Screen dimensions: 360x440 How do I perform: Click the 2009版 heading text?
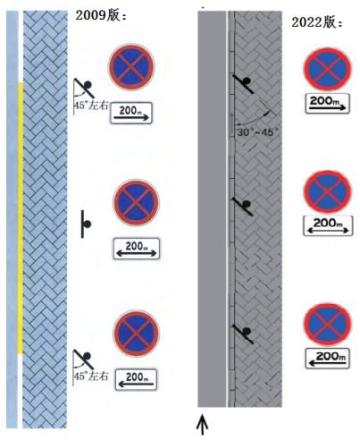[101, 15]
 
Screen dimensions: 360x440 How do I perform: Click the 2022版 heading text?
[317, 22]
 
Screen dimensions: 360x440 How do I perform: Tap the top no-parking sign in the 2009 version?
[131, 66]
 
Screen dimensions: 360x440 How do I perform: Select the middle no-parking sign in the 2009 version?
[136, 203]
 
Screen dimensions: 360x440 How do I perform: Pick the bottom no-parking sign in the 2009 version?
[136, 334]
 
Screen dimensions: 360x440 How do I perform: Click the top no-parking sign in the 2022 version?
[328, 69]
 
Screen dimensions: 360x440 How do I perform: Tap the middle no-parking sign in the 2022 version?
[328, 191]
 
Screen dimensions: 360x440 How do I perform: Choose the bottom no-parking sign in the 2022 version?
[328, 325]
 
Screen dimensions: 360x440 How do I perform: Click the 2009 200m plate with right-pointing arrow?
[131, 113]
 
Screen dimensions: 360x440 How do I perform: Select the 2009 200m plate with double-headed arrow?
[137, 249]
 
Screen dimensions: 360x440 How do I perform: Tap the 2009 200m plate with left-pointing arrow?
[136, 379]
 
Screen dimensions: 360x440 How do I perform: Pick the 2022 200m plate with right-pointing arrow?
[328, 103]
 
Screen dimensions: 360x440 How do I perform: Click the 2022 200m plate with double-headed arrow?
[328, 225]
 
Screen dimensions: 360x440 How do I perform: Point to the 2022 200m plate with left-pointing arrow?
[327, 359]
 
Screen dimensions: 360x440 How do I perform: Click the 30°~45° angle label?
[258, 132]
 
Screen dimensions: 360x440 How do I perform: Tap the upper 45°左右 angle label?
[91, 106]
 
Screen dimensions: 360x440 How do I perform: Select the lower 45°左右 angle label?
[91, 377]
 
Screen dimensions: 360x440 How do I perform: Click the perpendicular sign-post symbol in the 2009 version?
[86, 224]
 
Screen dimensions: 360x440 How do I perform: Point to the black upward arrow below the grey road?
[203, 425]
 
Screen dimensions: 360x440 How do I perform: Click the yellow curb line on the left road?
[21, 218]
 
